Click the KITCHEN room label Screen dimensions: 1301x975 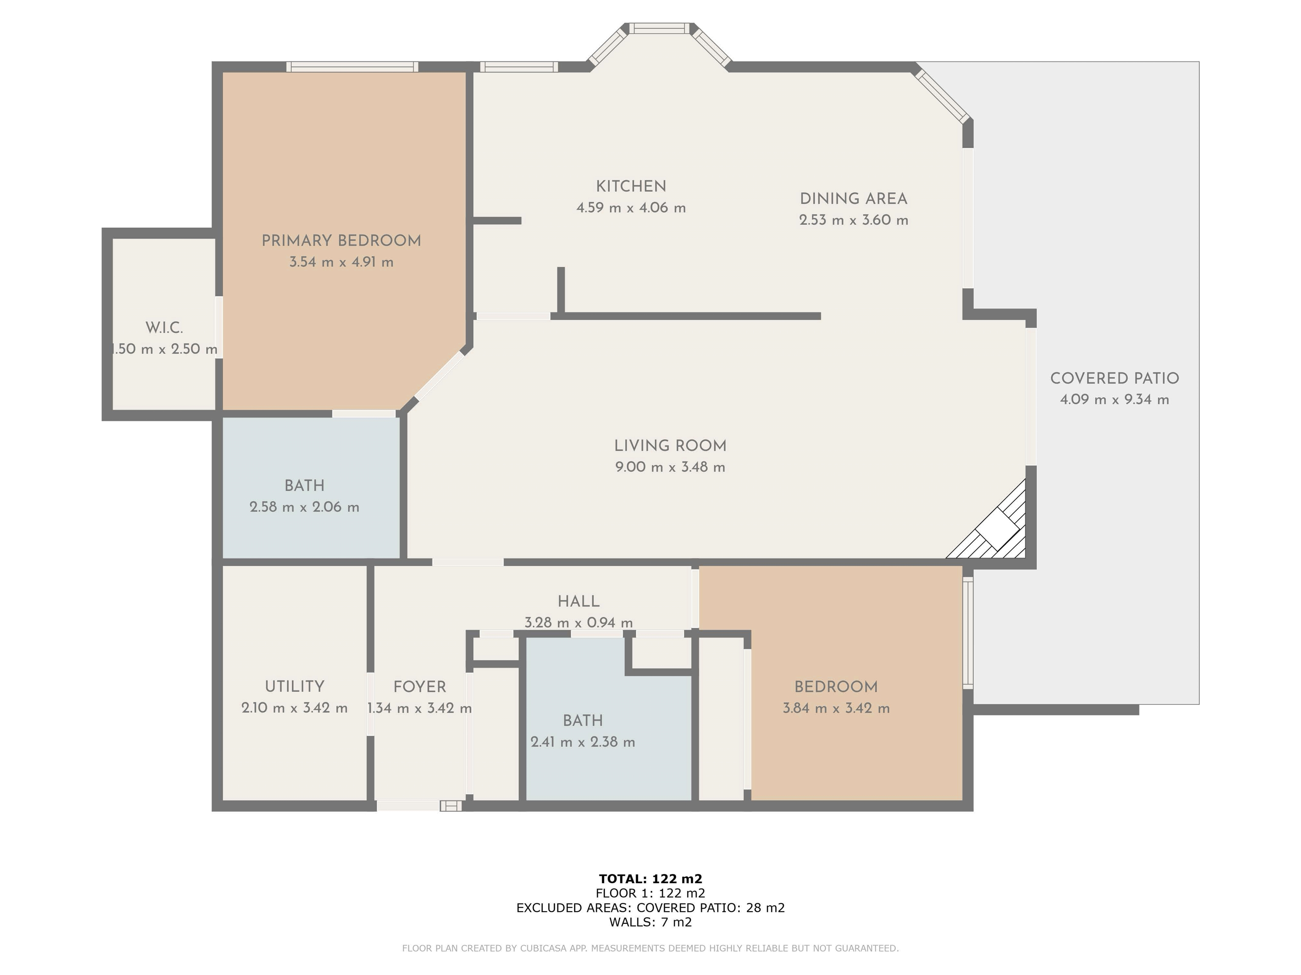pos(631,186)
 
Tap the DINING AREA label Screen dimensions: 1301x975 pos(853,199)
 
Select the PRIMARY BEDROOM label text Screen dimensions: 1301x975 pos(341,240)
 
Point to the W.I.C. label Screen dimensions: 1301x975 pos(164,328)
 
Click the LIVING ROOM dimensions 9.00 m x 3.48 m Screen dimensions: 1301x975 pos(670,467)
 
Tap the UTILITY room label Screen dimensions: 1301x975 pos(295,686)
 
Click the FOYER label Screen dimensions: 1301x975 pos(419,686)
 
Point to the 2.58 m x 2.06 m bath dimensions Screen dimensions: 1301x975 pos(304,507)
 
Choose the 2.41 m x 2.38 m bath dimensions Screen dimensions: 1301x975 pos(583,742)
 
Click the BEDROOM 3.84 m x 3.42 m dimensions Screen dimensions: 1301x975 pos(836,708)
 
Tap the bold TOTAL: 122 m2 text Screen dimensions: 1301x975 pos(650,878)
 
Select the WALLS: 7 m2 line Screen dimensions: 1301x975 pos(650,922)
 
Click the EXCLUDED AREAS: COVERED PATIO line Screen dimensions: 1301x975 pos(650,907)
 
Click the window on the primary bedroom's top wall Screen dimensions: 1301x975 pos(352,66)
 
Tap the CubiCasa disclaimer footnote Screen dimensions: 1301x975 pos(650,948)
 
